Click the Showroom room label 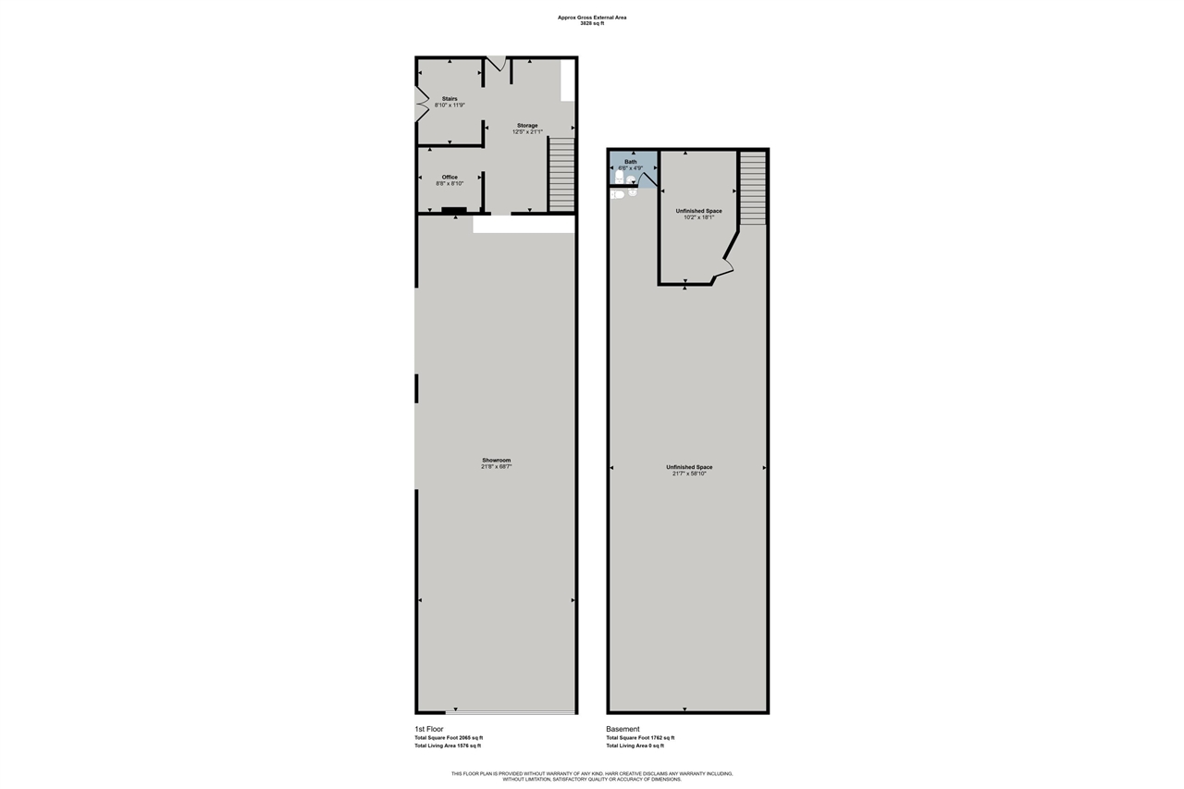[x=496, y=460]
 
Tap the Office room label [x=450, y=177]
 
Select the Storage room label [x=527, y=125]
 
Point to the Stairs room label [x=450, y=98]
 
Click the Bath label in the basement [x=631, y=161]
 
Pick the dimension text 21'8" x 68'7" [x=496, y=467]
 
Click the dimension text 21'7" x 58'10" [x=689, y=475]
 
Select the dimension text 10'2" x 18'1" [x=698, y=218]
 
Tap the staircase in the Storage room [x=561, y=174]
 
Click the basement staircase [x=753, y=188]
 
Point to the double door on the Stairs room [x=420, y=104]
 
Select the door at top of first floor [x=497, y=63]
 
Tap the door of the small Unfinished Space [x=722, y=270]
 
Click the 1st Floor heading [x=429, y=729]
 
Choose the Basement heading [x=623, y=729]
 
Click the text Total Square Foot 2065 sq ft [x=449, y=738]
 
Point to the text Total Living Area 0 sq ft [x=635, y=746]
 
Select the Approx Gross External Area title [x=592, y=17]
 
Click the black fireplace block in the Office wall [x=453, y=210]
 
